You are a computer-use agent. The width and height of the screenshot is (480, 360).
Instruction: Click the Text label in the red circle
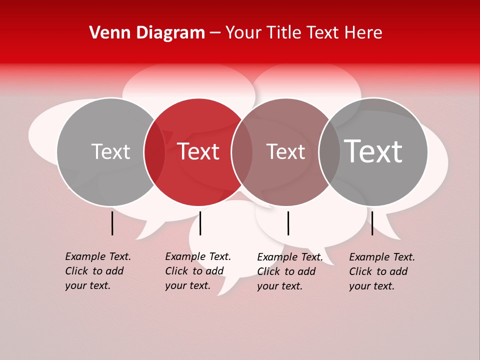click(198, 151)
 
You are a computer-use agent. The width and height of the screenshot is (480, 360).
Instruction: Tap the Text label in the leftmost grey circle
click(111, 151)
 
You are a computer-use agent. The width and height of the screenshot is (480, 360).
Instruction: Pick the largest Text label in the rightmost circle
click(373, 151)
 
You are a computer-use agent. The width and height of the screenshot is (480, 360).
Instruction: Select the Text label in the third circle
click(285, 151)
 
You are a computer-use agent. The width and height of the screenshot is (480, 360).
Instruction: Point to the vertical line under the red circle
click(200, 223)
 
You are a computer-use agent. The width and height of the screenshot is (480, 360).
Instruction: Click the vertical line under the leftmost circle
click(112, 223)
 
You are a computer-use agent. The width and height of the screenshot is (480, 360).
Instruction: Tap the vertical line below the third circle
click(288, 223)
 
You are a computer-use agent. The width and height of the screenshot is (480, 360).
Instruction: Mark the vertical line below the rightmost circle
click(372, 223)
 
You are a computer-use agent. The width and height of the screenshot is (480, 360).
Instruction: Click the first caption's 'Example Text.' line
click(98, 256)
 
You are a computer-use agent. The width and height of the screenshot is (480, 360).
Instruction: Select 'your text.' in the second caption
click(187, 285)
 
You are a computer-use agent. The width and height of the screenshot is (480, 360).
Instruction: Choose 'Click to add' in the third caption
click(286, 271)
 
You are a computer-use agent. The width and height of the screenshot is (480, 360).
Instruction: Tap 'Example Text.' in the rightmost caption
click(382, 257)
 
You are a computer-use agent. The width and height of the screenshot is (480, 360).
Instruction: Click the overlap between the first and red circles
click(154, 151)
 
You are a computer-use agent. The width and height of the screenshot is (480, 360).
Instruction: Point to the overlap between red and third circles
click(242, 151)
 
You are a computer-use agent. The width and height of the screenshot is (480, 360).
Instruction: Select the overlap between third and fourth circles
click(329, 151)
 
